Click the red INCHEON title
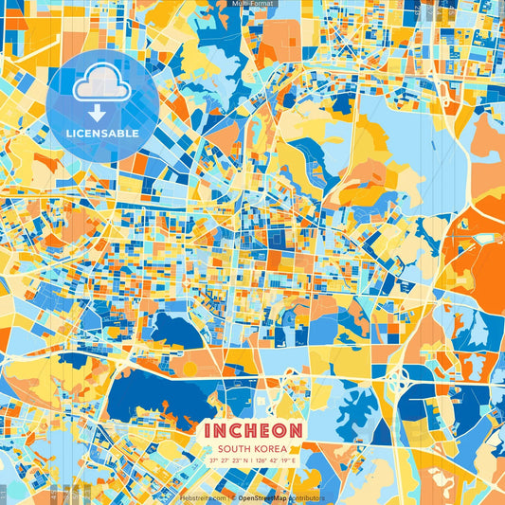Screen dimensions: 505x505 [x=252, y=429]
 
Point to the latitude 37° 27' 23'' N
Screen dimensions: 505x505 [x=230, y=460]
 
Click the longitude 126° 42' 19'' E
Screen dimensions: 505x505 [x=276, y=460]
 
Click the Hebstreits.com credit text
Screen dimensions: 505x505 [x=203, y=497]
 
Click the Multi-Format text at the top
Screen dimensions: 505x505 [x=252, y=5]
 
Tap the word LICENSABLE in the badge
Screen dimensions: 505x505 [x=102, y=134]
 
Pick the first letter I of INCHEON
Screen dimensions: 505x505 [x=207, y=429]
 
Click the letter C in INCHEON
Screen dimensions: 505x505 [x=236, y=429]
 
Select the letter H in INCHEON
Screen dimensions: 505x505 [x=252, y=429]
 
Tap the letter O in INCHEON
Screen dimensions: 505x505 [x=281, y=429]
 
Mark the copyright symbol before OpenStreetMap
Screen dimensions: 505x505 [x=232, y=497]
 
